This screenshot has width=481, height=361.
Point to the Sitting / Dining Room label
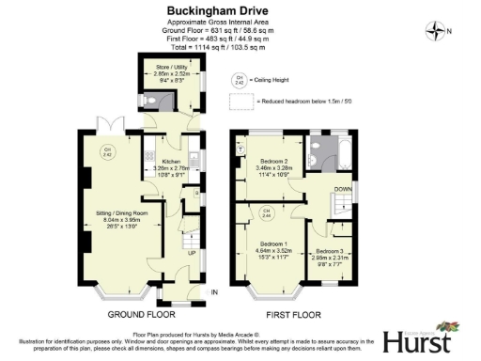point(111,221)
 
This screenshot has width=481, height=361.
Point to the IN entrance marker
point(213,293)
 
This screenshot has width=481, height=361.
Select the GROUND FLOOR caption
point(139,315)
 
